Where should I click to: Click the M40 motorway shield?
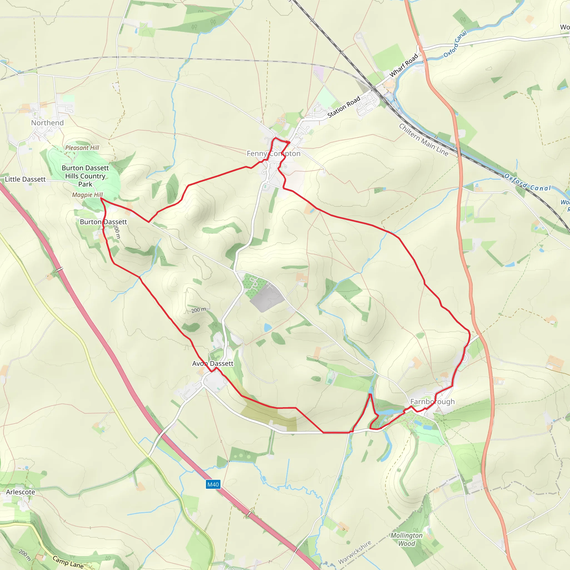click(213, 485)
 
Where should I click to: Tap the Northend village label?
click(48, 123)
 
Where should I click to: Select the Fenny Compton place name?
click(274, 153)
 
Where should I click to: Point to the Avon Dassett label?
click(213, 363)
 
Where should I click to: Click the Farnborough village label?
click(433, 402)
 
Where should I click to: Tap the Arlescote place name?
click(21, 492)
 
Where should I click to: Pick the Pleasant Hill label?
click(82, 148)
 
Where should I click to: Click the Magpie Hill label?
click(87, 195)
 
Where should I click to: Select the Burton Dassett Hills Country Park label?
click(85, 176)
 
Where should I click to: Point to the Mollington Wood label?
click(407, 539)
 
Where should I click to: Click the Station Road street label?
click(344, 107)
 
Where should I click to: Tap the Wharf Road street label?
click(404, 65)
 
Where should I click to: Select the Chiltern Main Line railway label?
click(424, 139)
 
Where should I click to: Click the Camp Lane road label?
click(68, 562)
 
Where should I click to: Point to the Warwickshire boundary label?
click(355, 552)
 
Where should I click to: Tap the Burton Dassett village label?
click(103, 222)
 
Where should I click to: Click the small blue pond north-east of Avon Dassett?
click(267, 327)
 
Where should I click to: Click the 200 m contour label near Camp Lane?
click(25, 555)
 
